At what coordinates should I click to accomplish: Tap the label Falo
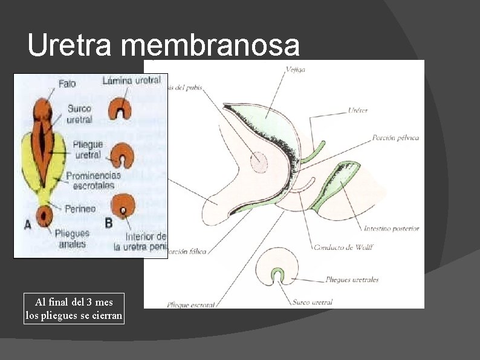pyautogui.click(x=68, y=83)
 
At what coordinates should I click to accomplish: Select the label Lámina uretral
pyautogui.click(x=132, y=80)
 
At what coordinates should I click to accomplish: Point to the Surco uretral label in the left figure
pyautogui.click(x=80, y=114)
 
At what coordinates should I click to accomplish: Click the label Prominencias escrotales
pyautogui.click(x=93, y=180)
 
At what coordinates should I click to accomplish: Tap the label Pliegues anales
pyautogui.click(x=71, y=238)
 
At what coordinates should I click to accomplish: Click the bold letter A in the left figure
pyautogui.click(x=28, y=224)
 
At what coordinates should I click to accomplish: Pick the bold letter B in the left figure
pyautogui.click(x=109, y=223)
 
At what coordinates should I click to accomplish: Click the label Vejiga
pyautogui.click(x=296, y=70)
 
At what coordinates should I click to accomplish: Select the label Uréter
pyautogui.click(x=358, y=110)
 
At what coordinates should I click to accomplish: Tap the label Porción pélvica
pyautogui.click(x=395, y=138)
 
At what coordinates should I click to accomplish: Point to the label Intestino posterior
pyautogui.click(x=391, y=229)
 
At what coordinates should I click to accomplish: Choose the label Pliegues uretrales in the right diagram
pyautogui.click(x=352, y=280)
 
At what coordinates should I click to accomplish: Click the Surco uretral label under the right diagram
pyautogui.click(x=312, y=302)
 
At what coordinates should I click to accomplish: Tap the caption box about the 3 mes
pyautogui.click(x=74, y=309)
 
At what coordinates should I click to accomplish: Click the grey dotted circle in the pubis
pyautogui.click(x=259, y=161)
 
